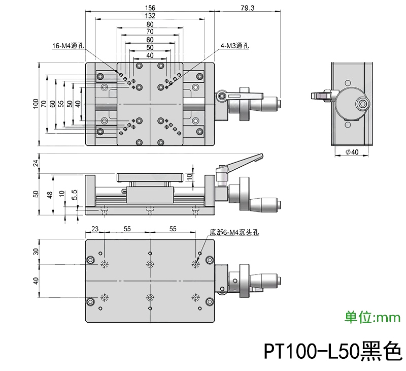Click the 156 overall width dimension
pyautogui.click(x=150, y=8)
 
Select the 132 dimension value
pyautogui.click(x=150, y=16)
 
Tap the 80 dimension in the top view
pyautogui.click(x=150, y=24)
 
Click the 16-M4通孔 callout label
pyautogui.click(x=68, y=46)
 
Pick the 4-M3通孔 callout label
pyautogui.click(x=234, y=46)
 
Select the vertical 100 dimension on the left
pyautogui.click(x=36, y=104)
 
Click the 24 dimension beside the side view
pyautogui.click(x=36, y=163)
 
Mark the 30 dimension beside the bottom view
pyautogui.click(x=36, y=252)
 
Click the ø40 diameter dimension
pyautogui.click(x=351, y=152)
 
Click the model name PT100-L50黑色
pyautogui.click(x=332, y=351)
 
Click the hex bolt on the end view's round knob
pyautogui.click(x=362, y=105)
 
